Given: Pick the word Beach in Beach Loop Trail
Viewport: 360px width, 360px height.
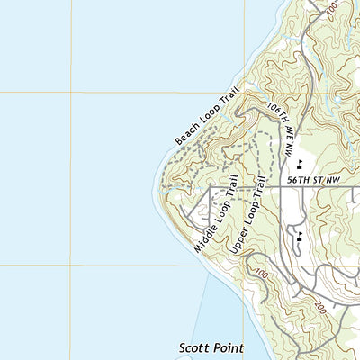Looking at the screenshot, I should (x=185, y=135).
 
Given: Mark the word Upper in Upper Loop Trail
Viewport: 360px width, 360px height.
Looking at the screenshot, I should (x=238, y=240).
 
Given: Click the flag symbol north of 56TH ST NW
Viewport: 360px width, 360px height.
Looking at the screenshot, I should (x=300, y=164).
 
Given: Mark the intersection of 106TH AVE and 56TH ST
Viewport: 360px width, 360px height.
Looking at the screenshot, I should (x=282, y=187).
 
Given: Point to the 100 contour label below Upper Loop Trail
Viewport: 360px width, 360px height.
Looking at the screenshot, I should (x=261, y=274).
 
